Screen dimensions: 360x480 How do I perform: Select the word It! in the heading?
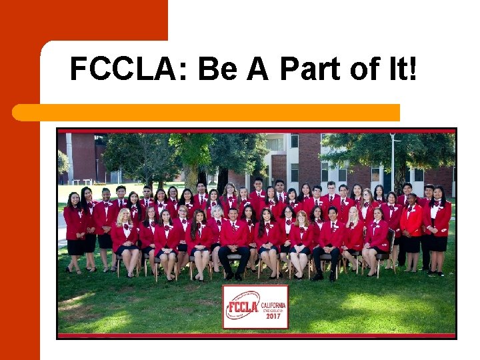[x=400, y=69]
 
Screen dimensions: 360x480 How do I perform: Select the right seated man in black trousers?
[x=329, y=243]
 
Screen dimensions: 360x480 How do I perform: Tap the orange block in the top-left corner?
[x=83, y=20]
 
